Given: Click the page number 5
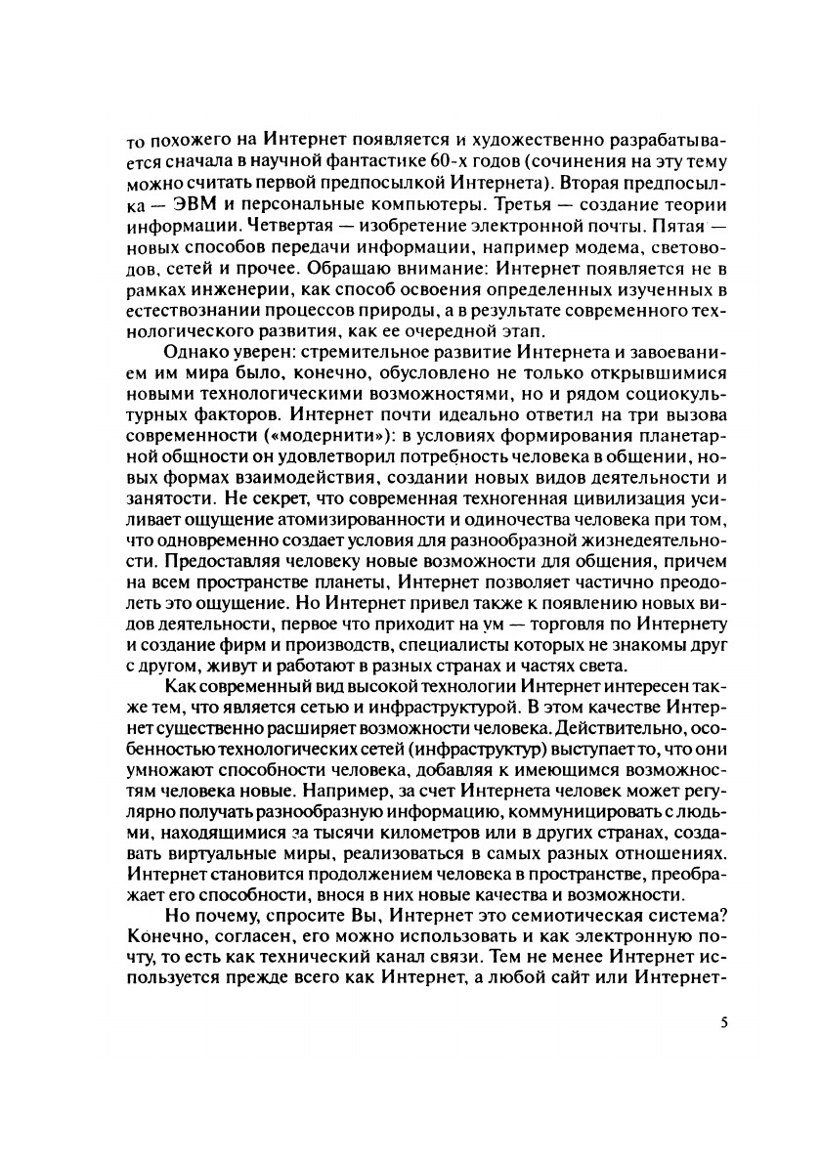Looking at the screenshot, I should [x=724, y=1020].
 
